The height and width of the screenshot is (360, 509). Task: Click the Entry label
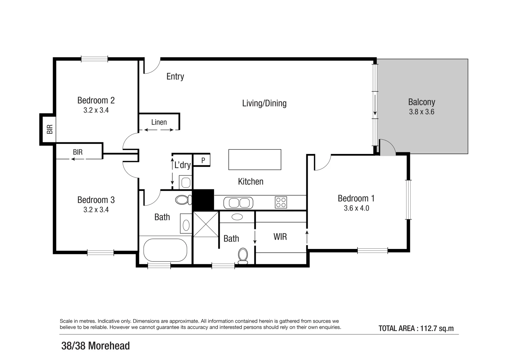point(175,77)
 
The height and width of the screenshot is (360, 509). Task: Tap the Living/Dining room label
point(264,103)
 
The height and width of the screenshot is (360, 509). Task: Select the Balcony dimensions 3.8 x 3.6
point(422,112)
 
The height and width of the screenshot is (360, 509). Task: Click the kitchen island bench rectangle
point(255,160)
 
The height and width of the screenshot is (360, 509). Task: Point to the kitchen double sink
point(238,203)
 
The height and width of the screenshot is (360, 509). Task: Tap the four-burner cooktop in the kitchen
point(281,203)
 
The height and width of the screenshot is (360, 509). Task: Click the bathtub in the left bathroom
point(165,250)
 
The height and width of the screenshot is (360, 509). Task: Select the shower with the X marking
point(206,224)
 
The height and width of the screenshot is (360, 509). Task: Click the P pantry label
point(203,160)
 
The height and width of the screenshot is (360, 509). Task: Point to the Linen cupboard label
point(159,122)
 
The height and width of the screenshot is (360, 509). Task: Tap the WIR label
point(280,237)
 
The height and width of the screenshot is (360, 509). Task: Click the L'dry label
point(182,165)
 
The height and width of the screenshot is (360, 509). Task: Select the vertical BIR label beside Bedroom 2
point(50,129)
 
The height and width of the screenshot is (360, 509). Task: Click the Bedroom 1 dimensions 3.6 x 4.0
point(356,208)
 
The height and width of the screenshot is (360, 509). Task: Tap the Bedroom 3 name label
point(96,200)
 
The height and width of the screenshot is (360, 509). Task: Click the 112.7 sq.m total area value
point(437,328)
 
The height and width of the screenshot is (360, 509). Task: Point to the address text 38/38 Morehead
point(95,346)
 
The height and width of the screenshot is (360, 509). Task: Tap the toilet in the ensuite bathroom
point(243,256)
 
